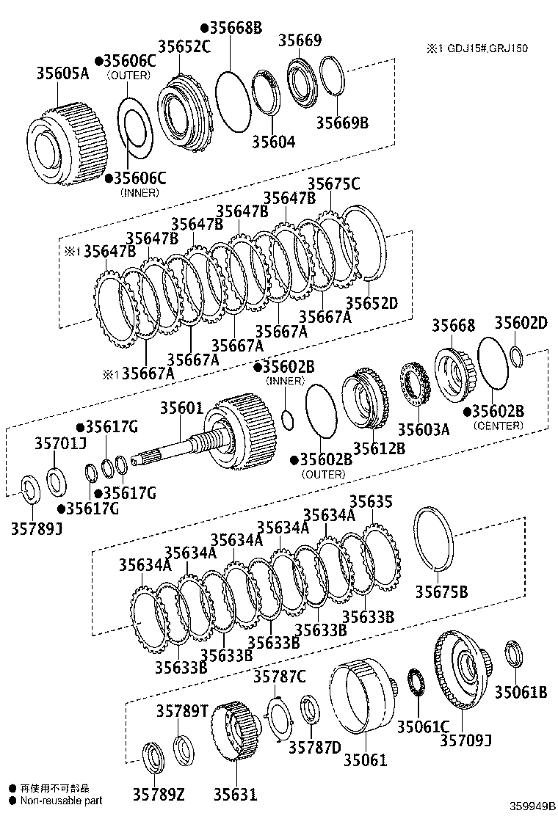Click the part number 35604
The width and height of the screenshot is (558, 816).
273,141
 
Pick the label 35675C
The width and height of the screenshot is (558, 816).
333,183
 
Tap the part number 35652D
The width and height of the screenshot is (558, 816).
372,302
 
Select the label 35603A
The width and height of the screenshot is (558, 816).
423,429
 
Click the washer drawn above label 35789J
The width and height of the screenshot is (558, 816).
29,487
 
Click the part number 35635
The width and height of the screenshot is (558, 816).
371,501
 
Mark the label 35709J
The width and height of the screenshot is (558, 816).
465,740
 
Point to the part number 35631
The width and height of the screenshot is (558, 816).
236,794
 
